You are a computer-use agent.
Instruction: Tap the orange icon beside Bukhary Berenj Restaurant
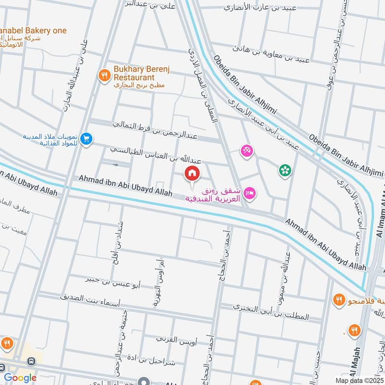103,75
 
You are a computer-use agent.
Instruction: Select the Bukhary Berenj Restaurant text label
134,73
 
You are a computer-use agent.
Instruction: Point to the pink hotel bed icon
250,193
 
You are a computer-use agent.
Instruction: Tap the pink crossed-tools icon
247,151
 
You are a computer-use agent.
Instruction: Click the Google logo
20,378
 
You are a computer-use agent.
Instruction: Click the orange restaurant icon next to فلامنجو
339,301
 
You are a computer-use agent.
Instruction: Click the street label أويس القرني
175,339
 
